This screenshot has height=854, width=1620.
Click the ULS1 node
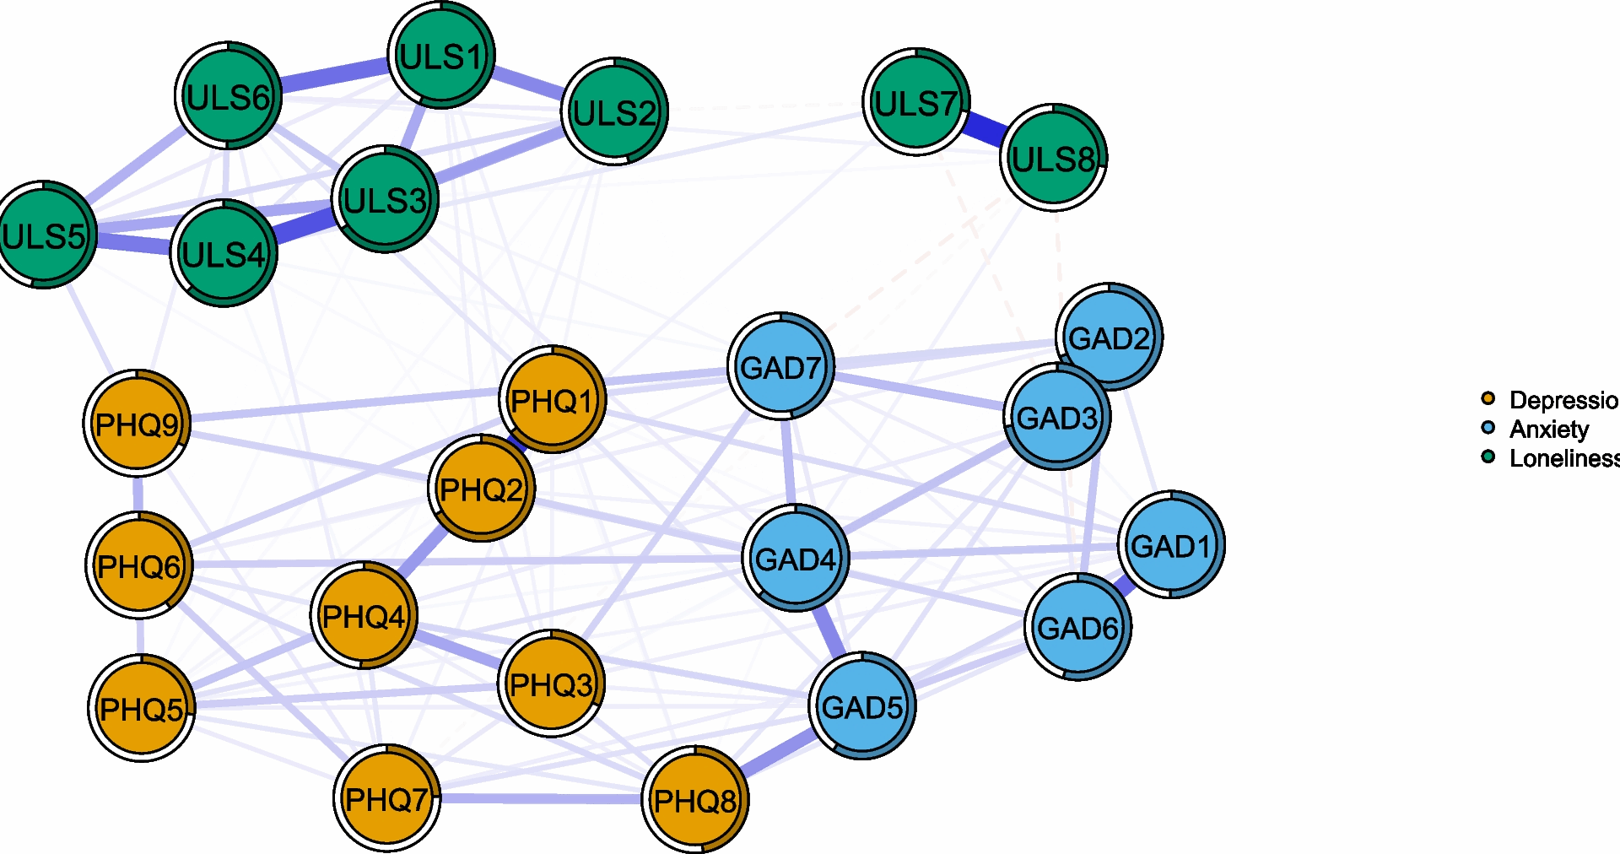coord(441,56)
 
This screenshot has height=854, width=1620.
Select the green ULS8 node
coord(1053,158)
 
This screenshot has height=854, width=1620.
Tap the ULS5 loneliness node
coord(44,235)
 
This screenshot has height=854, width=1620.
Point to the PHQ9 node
coord(137,424)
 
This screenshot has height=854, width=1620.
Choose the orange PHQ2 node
coord(481,488)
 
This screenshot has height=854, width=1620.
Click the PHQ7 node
coord(386,798)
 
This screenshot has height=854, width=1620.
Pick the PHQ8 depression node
coord(695,800)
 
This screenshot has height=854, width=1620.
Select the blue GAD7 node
coord(780,366)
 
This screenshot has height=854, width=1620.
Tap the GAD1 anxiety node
coord(1171,545)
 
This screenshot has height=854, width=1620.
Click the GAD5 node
coord(862,706)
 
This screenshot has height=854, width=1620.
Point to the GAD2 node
coord(1109,338)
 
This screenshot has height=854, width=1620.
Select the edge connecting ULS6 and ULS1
coord(334,74)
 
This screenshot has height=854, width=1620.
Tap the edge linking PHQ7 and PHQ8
coord(540,798)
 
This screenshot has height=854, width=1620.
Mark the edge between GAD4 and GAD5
coord(829,632)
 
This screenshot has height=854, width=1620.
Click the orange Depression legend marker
coord(1488,398)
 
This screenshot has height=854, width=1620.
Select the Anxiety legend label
coord(1548,429)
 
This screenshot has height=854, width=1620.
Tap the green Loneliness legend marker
coord(1488,457)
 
